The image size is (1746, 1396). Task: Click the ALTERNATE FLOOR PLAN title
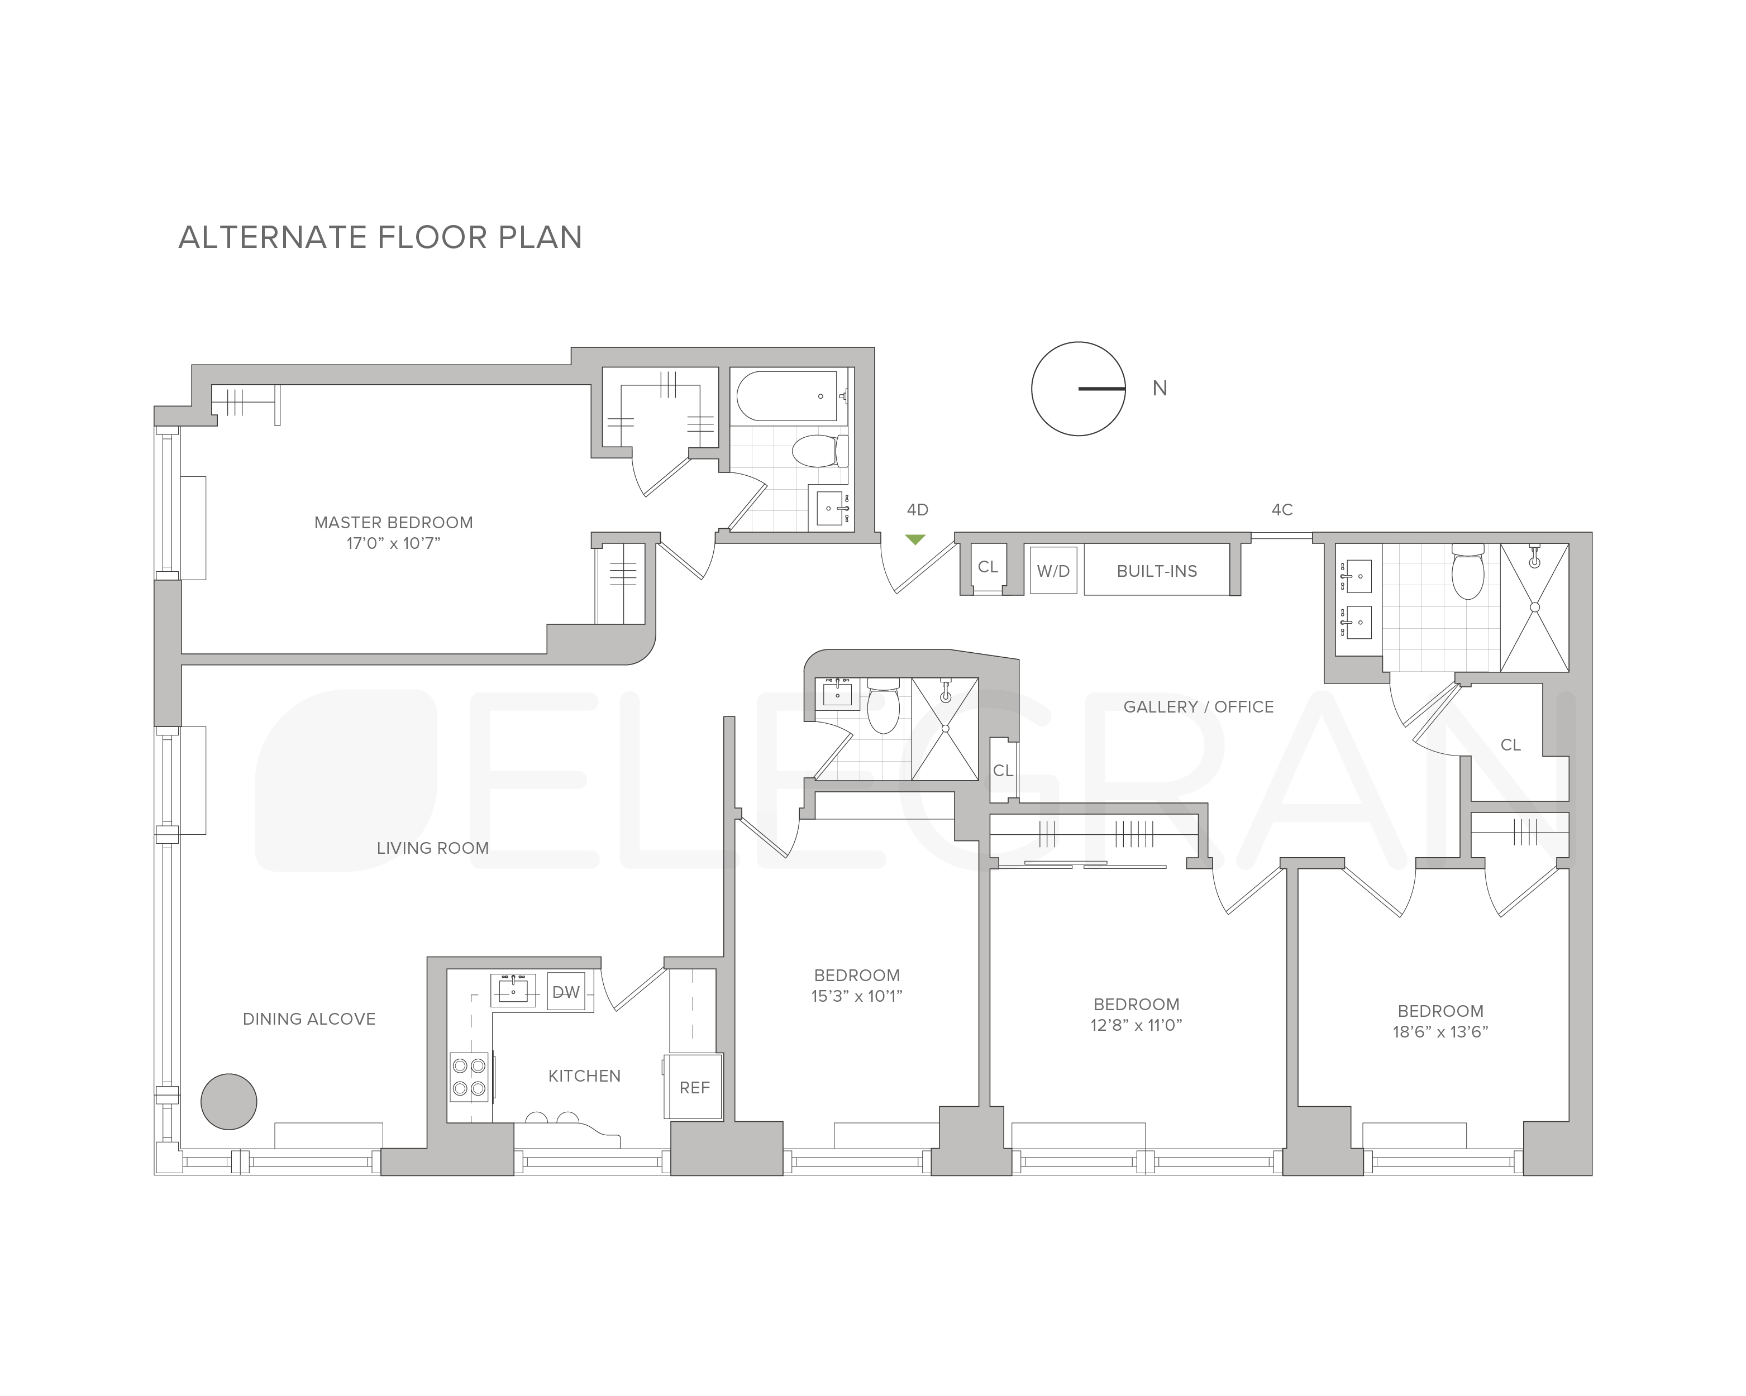coord(380,237)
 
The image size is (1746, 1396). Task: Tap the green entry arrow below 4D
coord(915,539)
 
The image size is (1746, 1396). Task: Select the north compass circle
coord(1078,389)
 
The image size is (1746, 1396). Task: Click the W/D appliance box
coord(1053,571)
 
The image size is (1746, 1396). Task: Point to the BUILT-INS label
coord(1156,571)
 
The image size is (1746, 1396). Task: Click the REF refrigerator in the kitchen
coord(694,1088)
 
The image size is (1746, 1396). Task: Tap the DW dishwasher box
coord(566,992)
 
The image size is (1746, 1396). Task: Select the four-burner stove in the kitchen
coord(470,1077)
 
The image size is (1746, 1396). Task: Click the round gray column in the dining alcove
coord(229,1101)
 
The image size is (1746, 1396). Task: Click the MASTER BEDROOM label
coord(394,522)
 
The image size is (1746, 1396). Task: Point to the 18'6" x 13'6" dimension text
coord(1440,1031)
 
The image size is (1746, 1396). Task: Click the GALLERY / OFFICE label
coord(1199,707)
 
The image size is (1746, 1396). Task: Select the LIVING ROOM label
coord(432,848)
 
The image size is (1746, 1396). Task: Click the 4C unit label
coord(1282,509)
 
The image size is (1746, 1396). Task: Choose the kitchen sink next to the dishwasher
coord(513,989)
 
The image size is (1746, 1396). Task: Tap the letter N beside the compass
coord(1160,389)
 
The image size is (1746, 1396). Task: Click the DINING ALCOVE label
coord(309,1019)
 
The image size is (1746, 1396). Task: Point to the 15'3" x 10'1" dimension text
coord(857,996)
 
